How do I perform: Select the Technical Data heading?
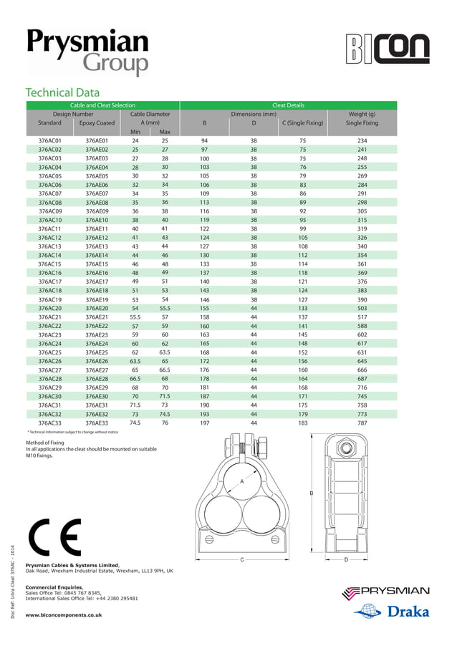(62, 92)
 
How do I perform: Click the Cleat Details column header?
(288, 105)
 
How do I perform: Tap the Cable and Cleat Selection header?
(102, 105)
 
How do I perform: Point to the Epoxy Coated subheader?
(97, 123)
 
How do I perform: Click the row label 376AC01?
(49, 141)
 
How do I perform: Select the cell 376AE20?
(97, 307)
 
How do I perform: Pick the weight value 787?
(362, 423)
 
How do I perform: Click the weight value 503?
(362, 307)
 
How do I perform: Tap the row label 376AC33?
(49, 423)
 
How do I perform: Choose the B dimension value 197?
(204, 423)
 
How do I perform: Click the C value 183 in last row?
(302, 423)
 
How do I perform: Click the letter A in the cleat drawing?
(242, 482)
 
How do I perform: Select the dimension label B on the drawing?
(312, 493)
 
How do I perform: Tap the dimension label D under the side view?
(346, 559)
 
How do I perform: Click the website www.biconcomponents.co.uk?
(64, 614)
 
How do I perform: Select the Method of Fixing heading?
(45, 443)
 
